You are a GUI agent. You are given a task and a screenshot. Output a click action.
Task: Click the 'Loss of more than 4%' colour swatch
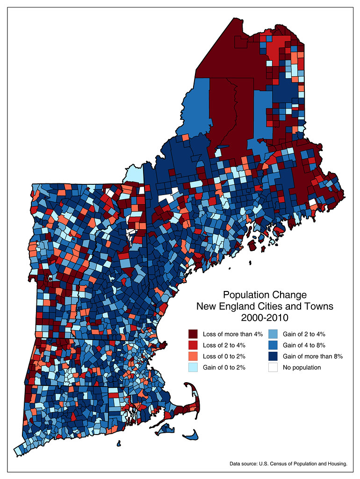(193, 334)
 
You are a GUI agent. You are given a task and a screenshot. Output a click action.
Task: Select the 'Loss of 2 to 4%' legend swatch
(193, 345)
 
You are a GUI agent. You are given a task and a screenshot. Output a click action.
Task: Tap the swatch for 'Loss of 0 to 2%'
(193, 356)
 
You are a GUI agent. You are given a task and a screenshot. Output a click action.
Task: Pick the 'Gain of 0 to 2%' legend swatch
(193, 367)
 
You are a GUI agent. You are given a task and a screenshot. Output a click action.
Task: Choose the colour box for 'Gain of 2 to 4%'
(273, 334)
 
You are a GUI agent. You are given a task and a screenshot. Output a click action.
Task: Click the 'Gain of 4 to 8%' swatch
(273, 345)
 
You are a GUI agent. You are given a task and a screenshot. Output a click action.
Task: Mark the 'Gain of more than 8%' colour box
(273, 356)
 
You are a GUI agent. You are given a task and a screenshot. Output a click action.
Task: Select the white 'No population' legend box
(273, 367)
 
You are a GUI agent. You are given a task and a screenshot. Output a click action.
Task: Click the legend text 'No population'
(302, 367)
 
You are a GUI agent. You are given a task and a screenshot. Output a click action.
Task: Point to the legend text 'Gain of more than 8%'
(313, 356)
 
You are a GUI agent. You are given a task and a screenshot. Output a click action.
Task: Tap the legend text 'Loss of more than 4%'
(232, 334)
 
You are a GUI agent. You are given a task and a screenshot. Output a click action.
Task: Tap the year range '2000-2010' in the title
(265, 318)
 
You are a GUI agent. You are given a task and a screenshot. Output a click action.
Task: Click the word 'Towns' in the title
(320, 306)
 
